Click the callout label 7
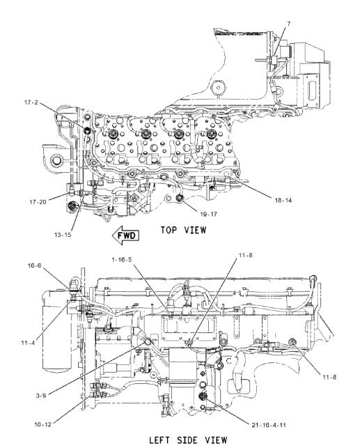(288, 24)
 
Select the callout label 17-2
(31, 102)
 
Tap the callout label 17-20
(38, 202)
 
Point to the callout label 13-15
(63, 235)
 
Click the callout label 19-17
(208, 214)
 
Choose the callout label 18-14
(283, 200)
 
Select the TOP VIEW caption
(183, 230)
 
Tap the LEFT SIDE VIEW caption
(188, 440)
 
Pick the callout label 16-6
(34, 265)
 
